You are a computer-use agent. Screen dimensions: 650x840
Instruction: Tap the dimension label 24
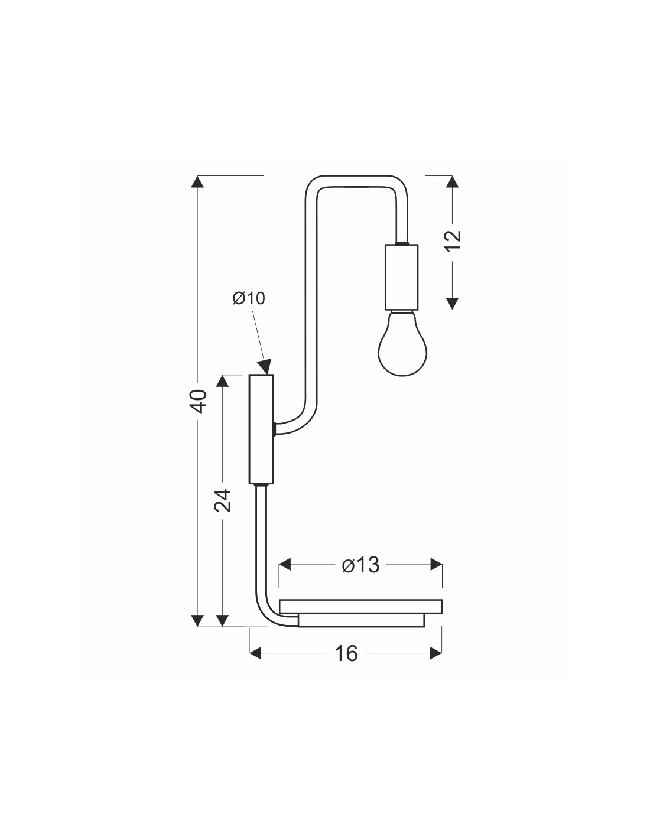[223, 501]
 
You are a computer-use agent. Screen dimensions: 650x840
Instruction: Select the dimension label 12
[454, 241]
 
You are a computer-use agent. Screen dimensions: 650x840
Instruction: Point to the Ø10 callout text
[249, 298]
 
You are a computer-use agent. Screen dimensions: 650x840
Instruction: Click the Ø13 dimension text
[361, 565]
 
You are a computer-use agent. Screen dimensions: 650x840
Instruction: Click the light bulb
[402, 343]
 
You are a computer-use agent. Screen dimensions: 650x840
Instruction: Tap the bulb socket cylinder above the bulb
[401, 277]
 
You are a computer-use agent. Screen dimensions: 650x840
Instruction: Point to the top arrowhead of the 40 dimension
[198, 182]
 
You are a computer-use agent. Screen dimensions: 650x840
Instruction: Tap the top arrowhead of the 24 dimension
[222, 381]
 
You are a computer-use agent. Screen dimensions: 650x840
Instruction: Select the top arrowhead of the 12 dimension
[452, 182]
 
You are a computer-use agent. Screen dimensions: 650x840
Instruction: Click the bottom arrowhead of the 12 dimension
[452, 304]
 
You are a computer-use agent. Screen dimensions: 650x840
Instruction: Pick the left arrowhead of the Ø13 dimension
[285, 564]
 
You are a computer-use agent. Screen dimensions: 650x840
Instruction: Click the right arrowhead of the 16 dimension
[435, 654]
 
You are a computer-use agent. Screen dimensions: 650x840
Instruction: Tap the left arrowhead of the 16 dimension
[256, 654]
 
